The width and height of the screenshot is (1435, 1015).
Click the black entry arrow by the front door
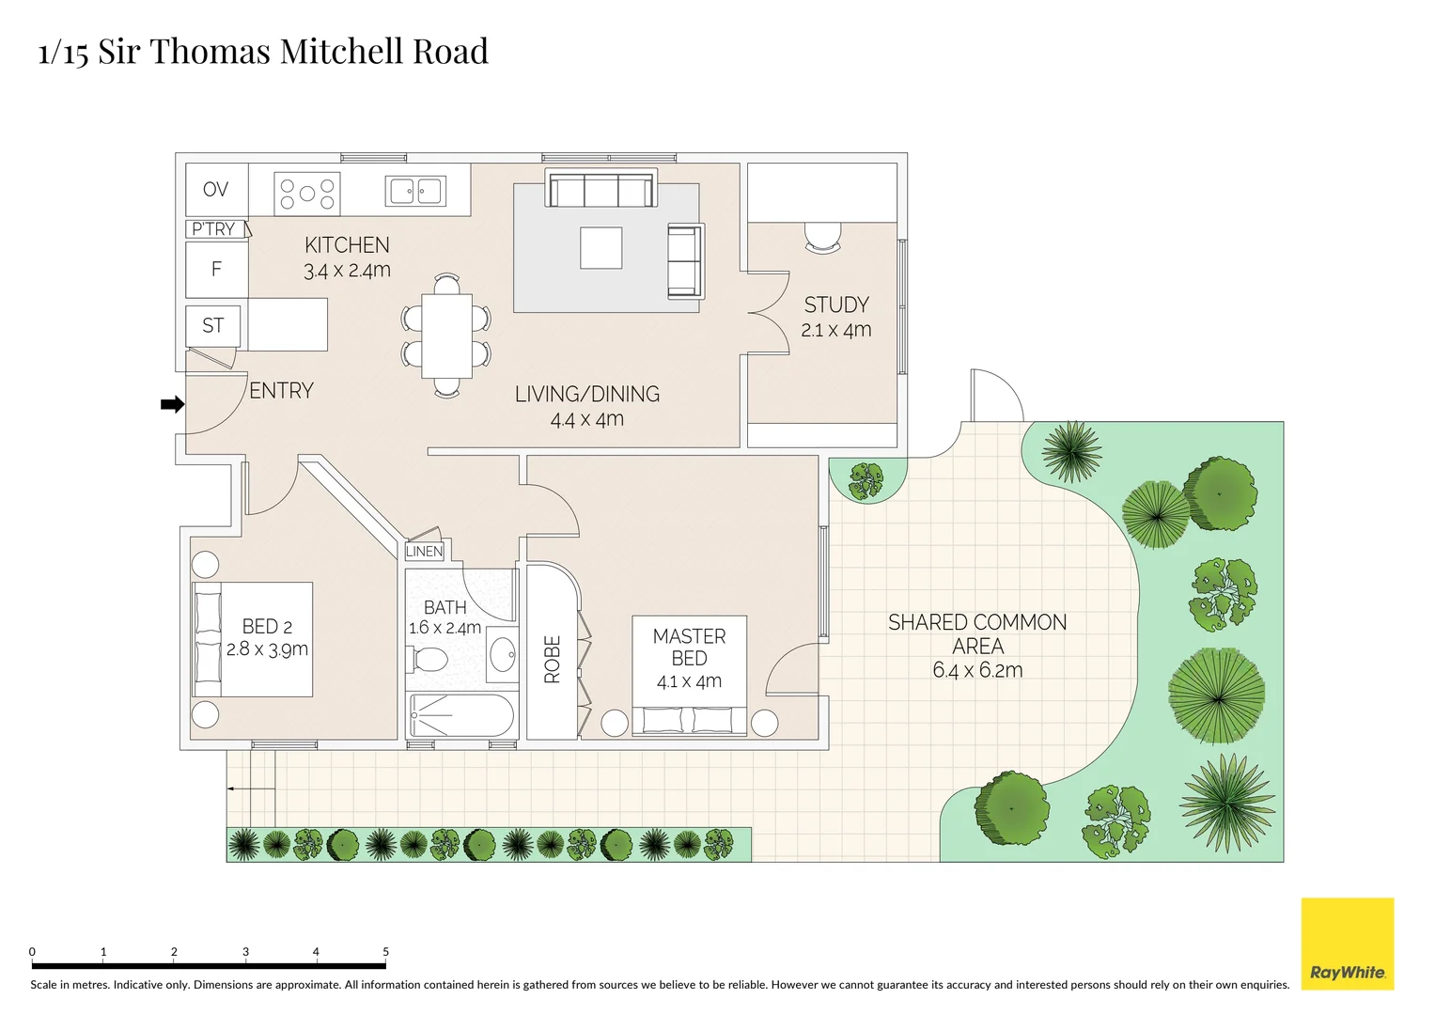(x=172, y=404)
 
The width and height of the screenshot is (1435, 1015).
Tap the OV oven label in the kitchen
(x=215, y=189)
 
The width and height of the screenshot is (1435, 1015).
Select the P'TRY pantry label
(x=213, y=229)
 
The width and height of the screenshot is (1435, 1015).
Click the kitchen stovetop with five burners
(x=306, y=194)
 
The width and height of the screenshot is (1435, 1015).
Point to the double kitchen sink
(x=415, y=192)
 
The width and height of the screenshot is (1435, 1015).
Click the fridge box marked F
(x=216, y=270)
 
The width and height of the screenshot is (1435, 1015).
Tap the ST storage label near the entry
(x=213, y=326)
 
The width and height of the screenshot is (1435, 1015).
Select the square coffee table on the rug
(x=601, y=248)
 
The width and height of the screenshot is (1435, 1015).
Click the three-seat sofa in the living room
(x=601, y=189)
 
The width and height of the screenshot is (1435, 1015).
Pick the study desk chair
(x=822, y=238)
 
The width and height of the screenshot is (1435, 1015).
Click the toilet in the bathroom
(x=429, y=659)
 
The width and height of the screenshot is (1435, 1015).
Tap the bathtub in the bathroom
(x=461, y=716)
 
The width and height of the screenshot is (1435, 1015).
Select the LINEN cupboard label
(x=424, y=552)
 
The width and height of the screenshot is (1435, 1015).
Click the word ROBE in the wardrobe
(x=553, y=659)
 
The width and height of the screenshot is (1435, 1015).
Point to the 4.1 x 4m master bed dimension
(x=689, y=681)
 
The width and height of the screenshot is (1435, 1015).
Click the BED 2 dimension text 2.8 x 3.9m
(x=267, y=649)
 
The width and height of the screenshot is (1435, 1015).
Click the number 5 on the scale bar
(x=385, y=952)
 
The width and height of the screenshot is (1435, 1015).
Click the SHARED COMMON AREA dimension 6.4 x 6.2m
(x=977, y=670)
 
